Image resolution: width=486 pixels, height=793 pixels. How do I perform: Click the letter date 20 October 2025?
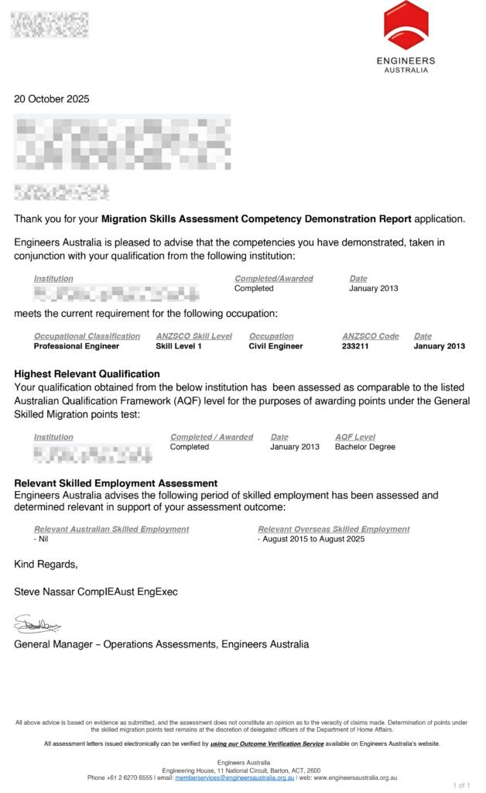click(52, 99)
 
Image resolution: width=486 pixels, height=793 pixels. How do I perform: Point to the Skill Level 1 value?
click(179, 346)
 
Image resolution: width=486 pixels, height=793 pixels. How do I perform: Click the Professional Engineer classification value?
click(77, 346)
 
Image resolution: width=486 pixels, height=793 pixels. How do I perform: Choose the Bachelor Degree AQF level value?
click(365, 447)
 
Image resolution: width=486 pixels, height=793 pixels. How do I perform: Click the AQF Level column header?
click(355, 437)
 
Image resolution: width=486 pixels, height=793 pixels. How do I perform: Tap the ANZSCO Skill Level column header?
click(193, 336)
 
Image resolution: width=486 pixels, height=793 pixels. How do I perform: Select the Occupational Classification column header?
click(87, 336)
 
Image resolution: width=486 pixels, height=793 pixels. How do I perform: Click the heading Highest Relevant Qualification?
click(87, 374)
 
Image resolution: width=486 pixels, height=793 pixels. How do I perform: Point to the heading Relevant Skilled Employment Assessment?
click(116, 483)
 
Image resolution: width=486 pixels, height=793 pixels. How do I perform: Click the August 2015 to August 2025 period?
click(311, 539)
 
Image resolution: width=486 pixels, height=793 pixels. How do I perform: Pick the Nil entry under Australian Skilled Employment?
click(42, 539)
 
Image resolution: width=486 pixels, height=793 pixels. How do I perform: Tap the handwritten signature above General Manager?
click(37, 623)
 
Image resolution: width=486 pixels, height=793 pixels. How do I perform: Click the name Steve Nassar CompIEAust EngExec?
click(96, 592)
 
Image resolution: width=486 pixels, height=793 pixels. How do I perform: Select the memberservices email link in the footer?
click(234, 778)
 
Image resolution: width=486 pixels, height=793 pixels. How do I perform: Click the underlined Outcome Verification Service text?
click(267, 743)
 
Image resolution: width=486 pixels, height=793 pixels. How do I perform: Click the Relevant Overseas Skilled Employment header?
click(334, 529)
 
